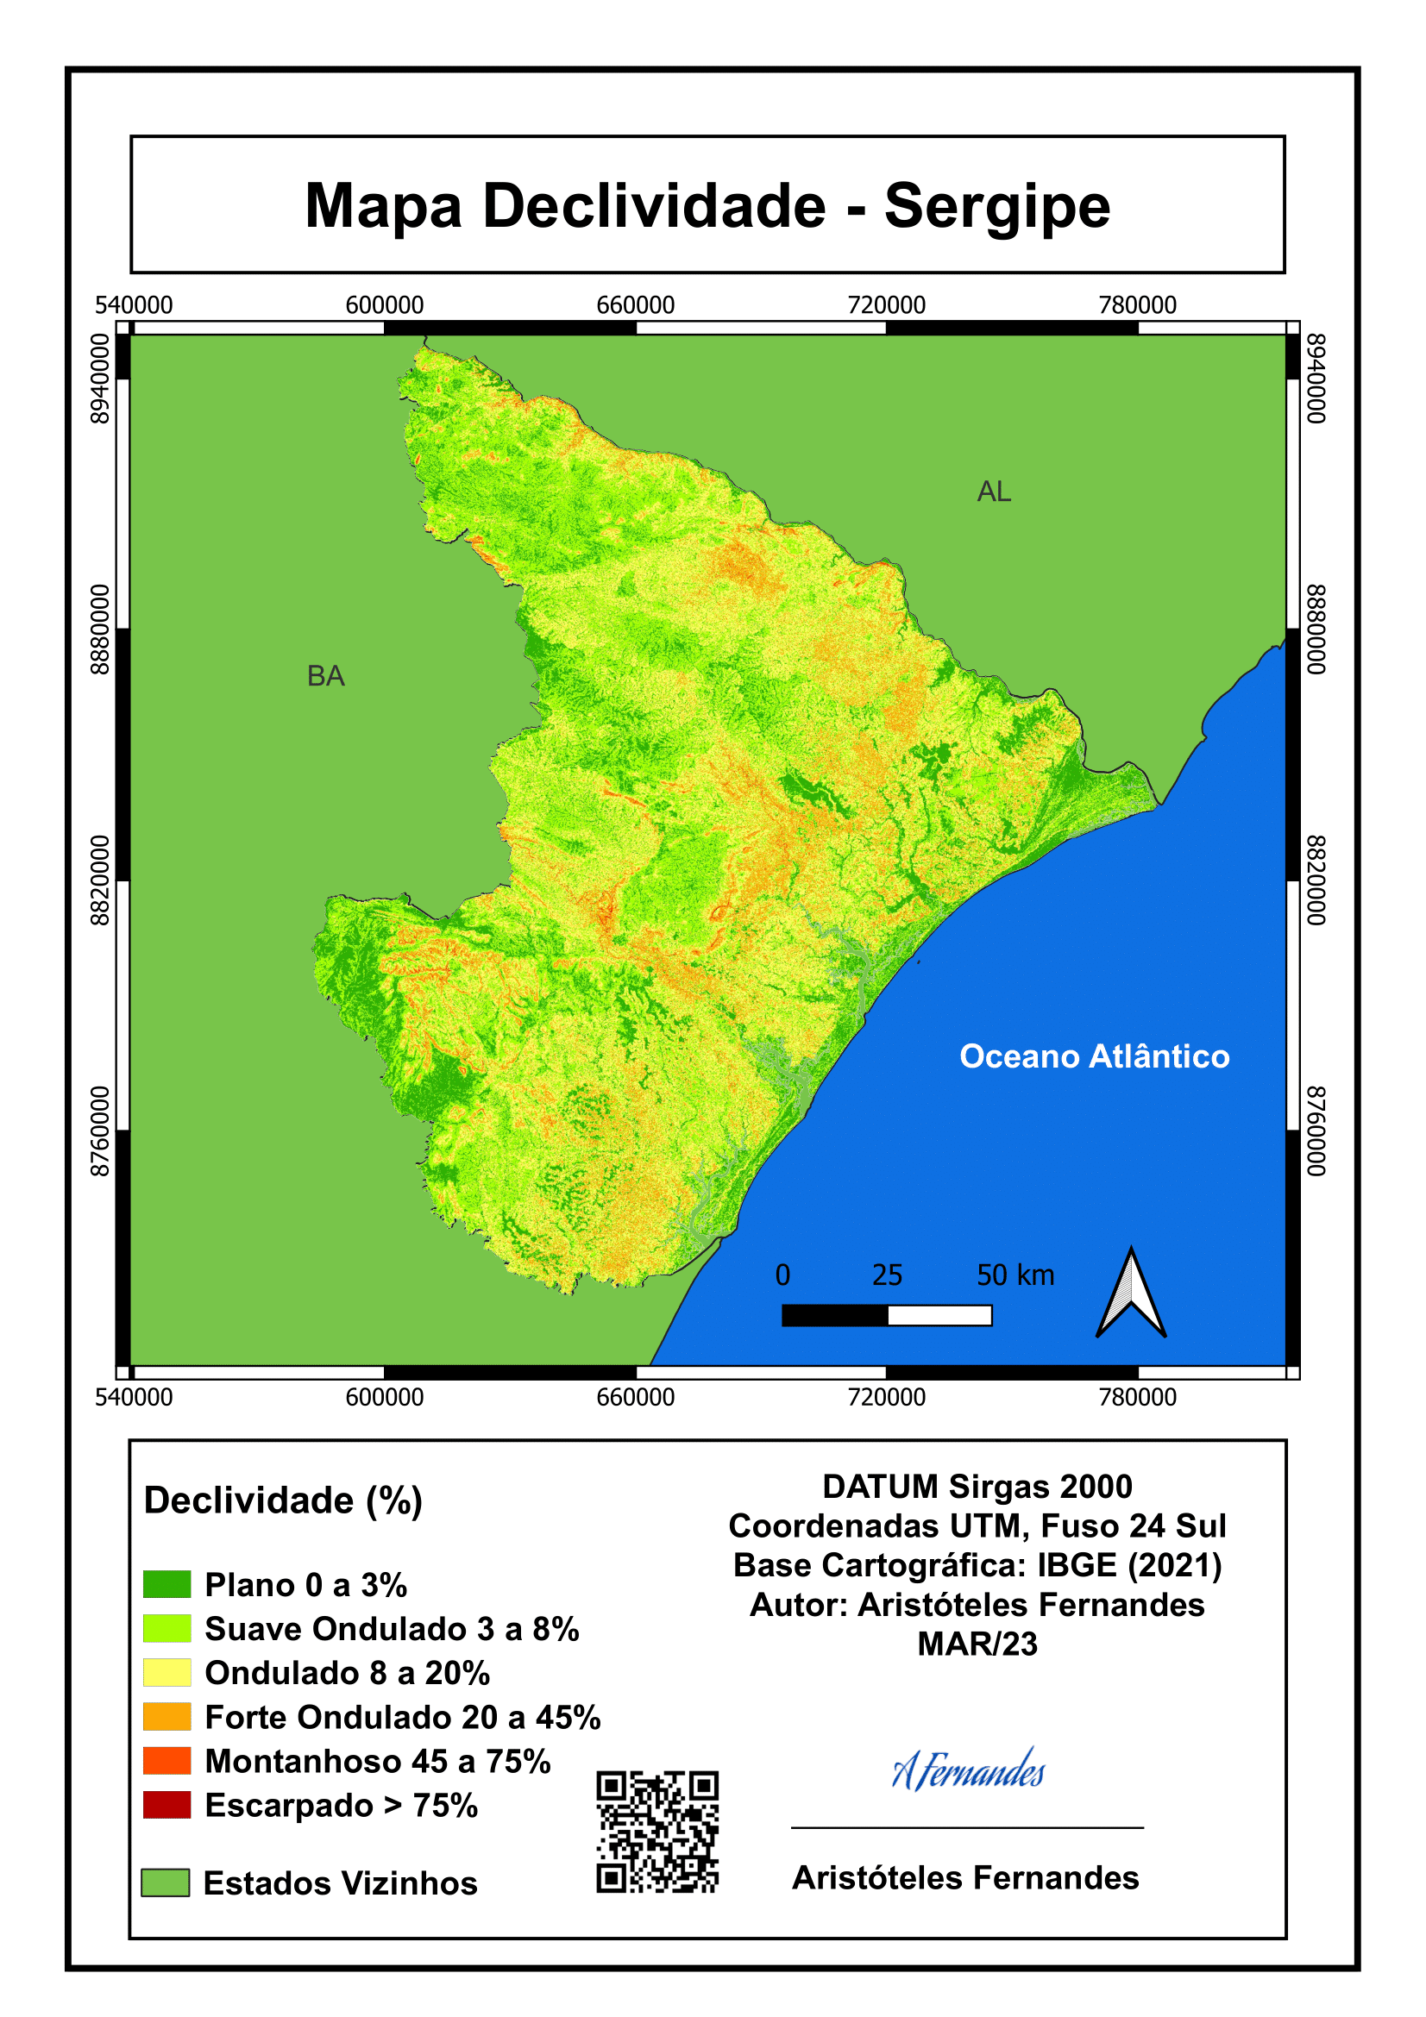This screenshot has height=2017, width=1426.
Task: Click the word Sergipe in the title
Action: point(996,207)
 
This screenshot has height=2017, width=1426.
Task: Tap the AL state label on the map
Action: point(994,492)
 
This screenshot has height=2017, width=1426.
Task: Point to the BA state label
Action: point(326,676)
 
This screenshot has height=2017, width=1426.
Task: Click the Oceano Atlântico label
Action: point(1094,1056)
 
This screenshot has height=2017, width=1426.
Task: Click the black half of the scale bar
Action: point(835,1315)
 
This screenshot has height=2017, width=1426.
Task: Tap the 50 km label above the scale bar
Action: point(1015,1275)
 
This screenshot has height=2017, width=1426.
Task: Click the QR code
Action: point(657,1831)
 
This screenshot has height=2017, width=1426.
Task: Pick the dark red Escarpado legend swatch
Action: point(167,1805)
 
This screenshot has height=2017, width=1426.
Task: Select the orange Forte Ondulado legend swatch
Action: point(167,1717)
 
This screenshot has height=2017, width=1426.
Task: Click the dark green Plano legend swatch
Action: point(167,1584)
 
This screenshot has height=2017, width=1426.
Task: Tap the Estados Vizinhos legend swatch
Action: point(166,1882)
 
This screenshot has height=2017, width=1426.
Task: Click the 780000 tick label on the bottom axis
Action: point(1137,1397)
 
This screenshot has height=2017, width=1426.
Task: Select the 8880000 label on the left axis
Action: point(101,629)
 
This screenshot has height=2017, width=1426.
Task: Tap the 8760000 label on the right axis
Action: point(1315,1131)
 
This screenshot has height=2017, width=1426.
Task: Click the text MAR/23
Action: point(977,1644)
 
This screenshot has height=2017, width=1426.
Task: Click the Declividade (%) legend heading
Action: point(283,1500)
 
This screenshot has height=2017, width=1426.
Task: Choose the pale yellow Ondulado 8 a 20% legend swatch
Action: point(167,1673)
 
